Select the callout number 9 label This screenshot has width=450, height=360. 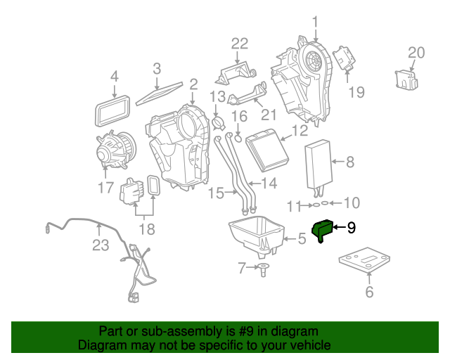point(352,227)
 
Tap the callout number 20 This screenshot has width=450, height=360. point(416,52)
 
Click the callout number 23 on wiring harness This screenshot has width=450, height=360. point(101,245)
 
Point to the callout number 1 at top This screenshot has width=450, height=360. point(315,21)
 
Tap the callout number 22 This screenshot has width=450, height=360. point(240,44)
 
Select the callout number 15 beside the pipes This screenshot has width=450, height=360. point(217,192)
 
